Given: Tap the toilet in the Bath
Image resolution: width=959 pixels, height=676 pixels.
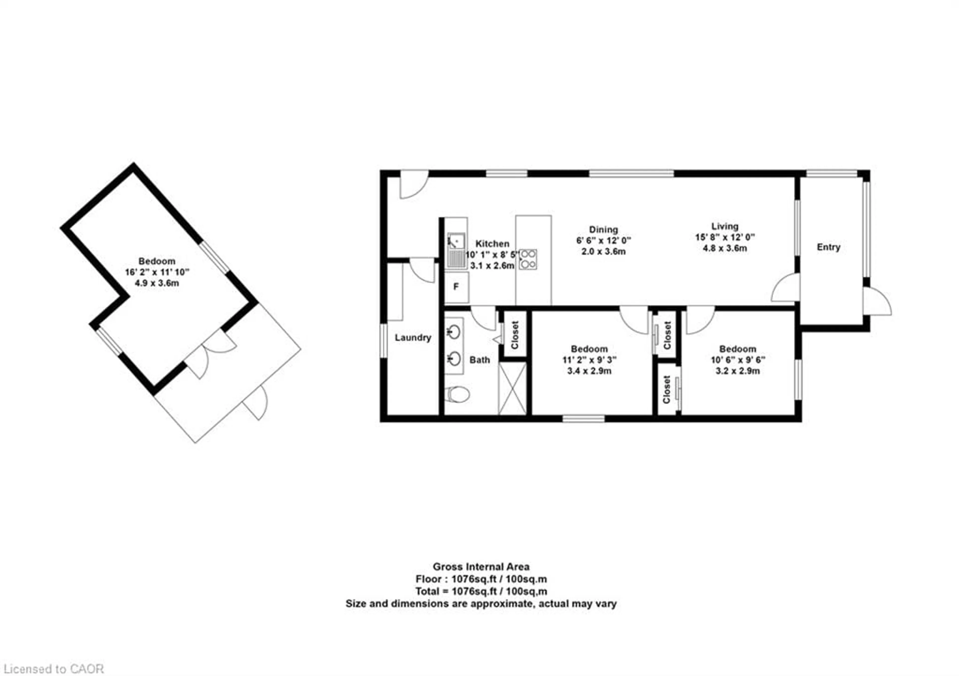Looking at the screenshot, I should pyautogui.click(x=457, y=394).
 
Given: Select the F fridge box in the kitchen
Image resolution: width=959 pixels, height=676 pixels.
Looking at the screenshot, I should pyautogui.click(x=456, y=287).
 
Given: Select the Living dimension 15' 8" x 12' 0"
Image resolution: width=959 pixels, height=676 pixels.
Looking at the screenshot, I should pyautogui.click(x=725, y=237).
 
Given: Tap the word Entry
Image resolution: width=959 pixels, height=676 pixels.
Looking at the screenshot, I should pyautogui.click(x=828, y=247).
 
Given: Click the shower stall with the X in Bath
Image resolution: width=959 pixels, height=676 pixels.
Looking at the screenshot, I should pyautogui.click(x=512, y=389).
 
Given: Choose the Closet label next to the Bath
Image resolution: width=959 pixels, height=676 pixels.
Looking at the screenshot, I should pyautogui.click(x=514, y=335).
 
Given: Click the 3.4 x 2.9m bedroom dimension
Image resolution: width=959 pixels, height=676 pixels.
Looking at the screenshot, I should pyautogui.click(x=589, y=371).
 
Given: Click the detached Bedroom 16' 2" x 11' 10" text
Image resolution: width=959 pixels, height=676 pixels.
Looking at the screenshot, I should pyautogui.click(x=157, y=272).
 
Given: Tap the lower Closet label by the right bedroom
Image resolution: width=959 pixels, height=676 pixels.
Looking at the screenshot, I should pyautogui.click(x=666, y=390).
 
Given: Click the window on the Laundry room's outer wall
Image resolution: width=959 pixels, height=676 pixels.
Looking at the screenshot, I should pyautogui.click(x=383, y=340).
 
